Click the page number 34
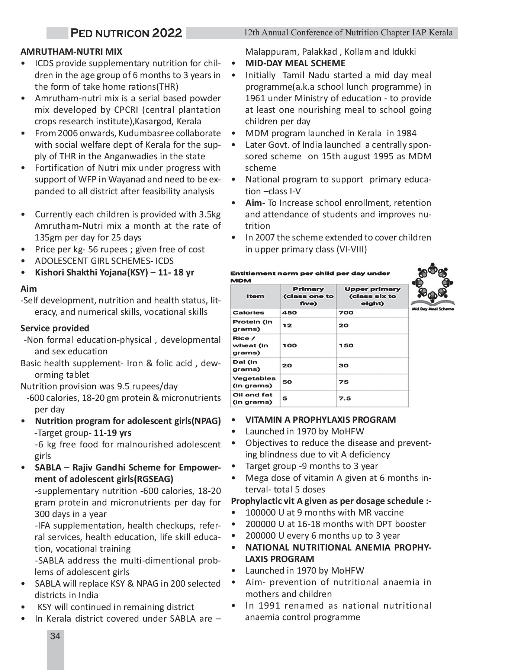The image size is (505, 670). [55, 636]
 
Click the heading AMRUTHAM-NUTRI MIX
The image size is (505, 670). [71, 52]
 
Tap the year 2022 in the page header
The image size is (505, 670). [167, 33]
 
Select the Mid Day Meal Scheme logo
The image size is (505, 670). [432, 287]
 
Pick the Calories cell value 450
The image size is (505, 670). [289, 313]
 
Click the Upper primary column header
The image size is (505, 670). [372, 296]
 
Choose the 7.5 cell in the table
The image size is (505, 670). [345, 398]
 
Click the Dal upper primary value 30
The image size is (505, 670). [343, 366]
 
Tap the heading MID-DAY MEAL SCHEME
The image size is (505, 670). [295, 63]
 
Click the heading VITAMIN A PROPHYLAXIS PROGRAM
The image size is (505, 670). [320, 420]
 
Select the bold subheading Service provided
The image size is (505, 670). [55, 328]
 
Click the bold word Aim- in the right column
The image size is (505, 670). [255, 203]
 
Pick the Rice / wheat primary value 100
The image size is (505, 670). [289, 345]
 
